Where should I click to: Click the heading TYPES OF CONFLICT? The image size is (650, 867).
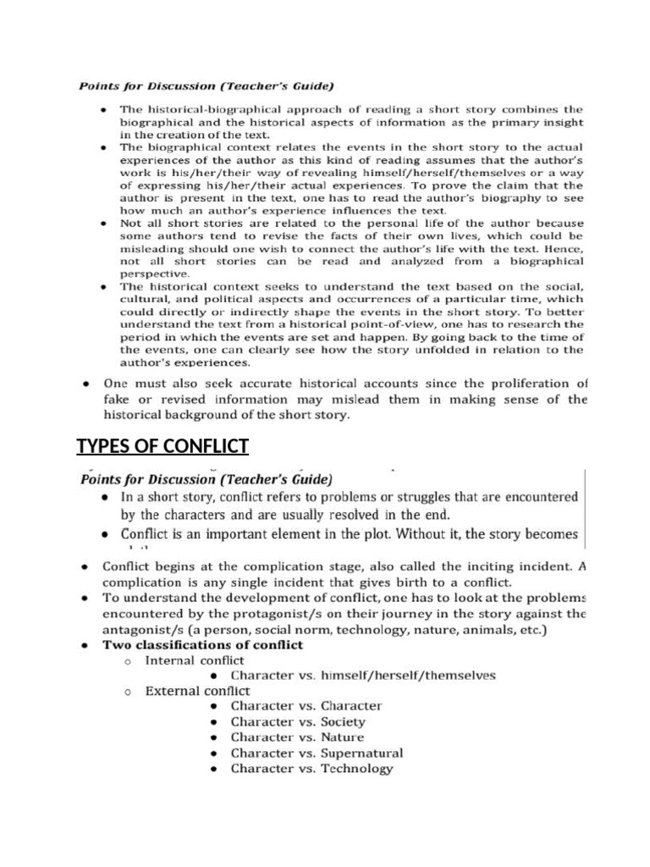pyautogui.click(x=162, y=446)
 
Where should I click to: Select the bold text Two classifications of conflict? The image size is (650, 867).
pyautogui.click(x=203, y=644)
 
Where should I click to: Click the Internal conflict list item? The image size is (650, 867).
pyautogui.click(x=195, y=660)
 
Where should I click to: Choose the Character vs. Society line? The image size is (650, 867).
pyautogui.click(x=298, y=721)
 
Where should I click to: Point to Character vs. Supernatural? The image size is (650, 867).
pyautogui.click(x=317, y=753)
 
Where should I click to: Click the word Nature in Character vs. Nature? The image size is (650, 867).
pyautogui.click(x=343, y=737)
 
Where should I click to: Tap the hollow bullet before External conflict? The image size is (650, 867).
pyautogui.click(x=126, y=692)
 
